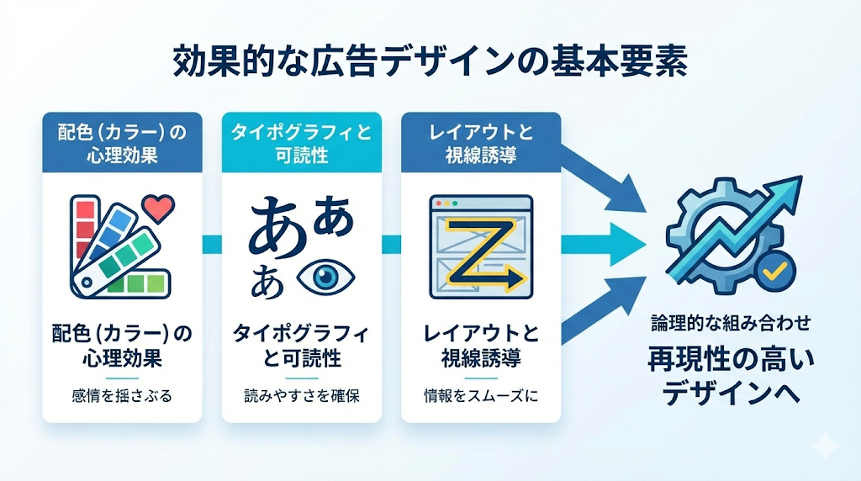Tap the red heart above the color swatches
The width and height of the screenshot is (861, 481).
click(x=158, y=207)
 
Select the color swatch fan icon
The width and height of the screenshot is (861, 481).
click(x=108, y=245)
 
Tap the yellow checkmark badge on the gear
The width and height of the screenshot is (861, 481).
click(x=774, y=269)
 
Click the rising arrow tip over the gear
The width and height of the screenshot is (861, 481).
click(x=791, y=187)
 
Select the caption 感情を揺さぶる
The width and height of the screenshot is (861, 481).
click(x=122, y=395)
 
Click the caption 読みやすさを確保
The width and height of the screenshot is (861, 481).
click(x=301, y=395)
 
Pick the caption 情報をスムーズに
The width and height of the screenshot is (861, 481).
click(x=481, y=395)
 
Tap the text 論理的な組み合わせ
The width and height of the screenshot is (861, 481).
click(x=730, y=321)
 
